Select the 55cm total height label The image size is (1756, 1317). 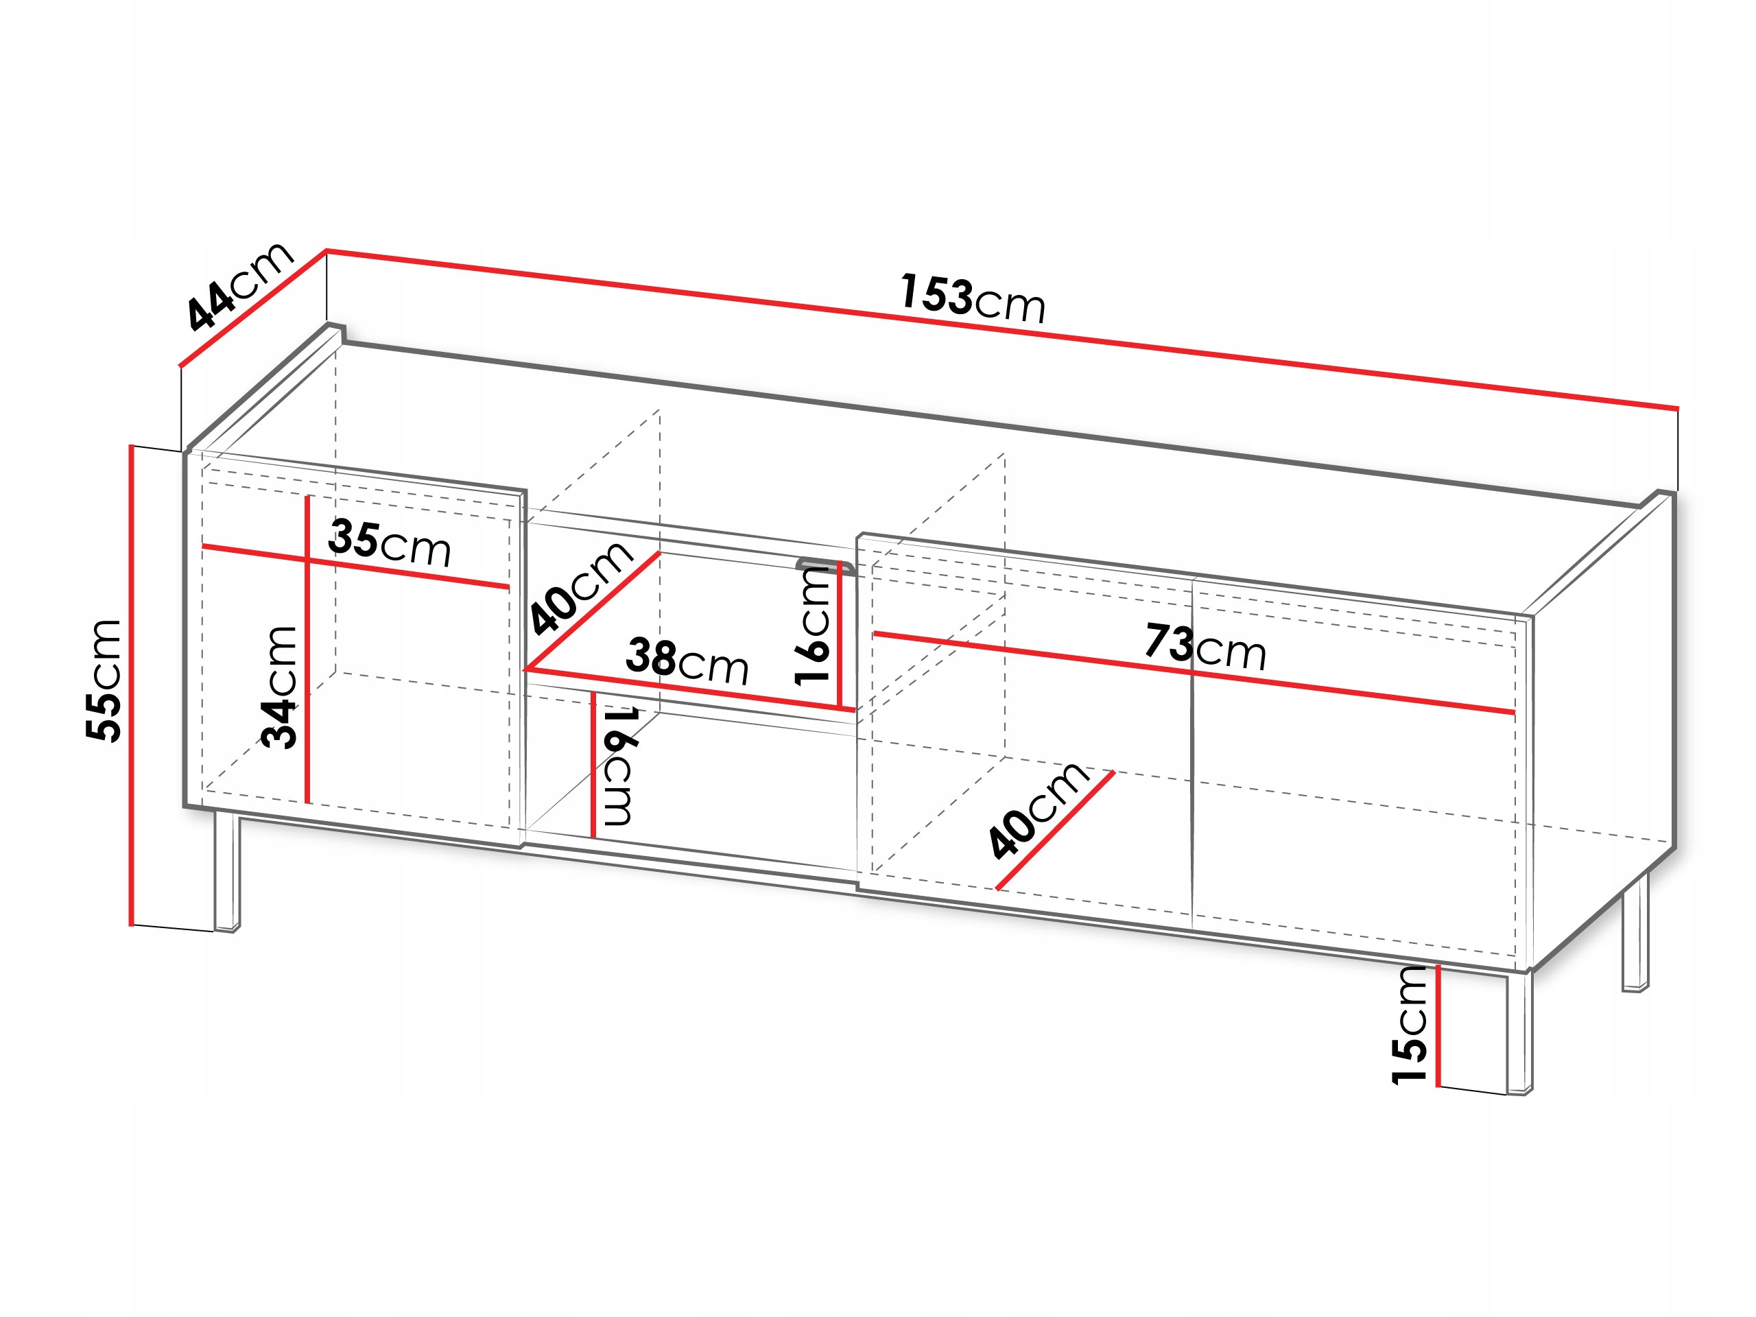click(x=105, y=681)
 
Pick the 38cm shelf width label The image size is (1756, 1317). click(x=687, y=661)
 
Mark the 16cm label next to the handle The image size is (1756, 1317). click(x=813, y=626)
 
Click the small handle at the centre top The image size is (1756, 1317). click(x=826, y=565)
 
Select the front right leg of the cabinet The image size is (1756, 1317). click(x=1519, y=1032)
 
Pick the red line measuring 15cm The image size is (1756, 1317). click(x=1438, y=1025)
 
